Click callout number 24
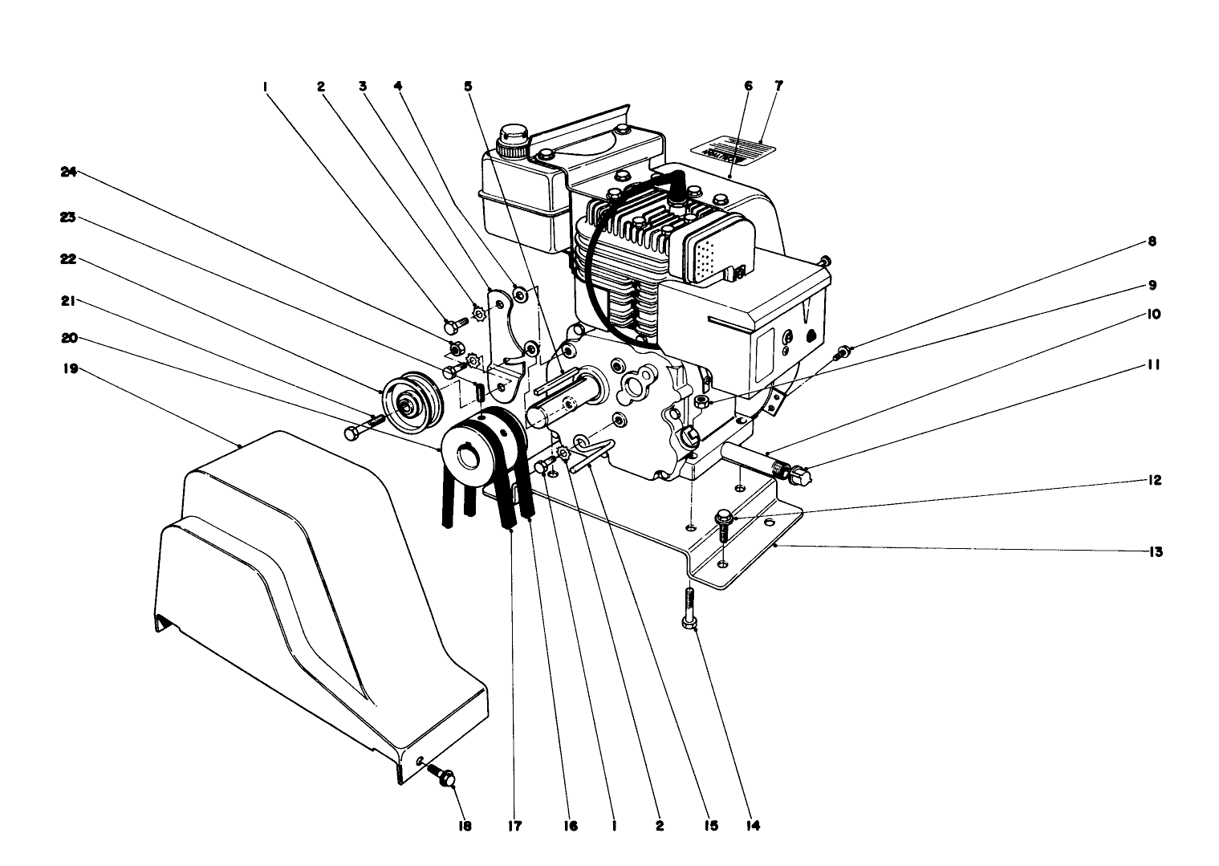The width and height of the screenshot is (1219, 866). pos(68,171)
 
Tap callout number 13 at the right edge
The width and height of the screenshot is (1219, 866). pos(1154,552)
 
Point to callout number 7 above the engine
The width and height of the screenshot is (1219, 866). pos(778,85)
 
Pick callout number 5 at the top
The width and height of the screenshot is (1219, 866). pos(467,85)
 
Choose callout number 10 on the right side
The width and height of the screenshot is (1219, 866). pos(1152,315)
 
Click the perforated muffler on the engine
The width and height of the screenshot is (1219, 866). pos(718,250)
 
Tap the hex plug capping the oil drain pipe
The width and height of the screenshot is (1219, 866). pos(801,477)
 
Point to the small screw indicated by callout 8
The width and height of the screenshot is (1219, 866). pos(842,351)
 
